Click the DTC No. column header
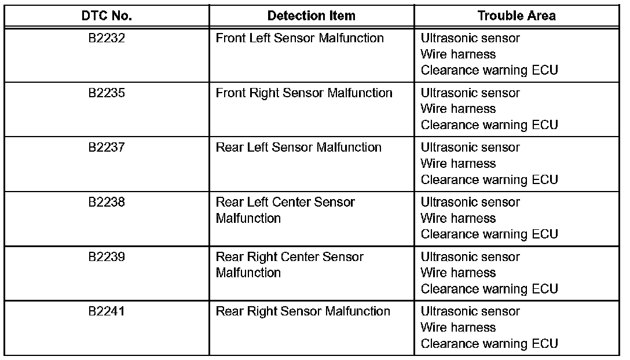coord(107,16)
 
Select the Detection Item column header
coord(312,16)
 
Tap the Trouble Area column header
coord(517,16)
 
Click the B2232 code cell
coord(107,38)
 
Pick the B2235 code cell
coord(107,93)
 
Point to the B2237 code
coord(107,147)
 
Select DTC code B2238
coord(107,202)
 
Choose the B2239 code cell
coord(107,256)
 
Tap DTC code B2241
coord(107,311)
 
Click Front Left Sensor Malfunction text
coord(299,38)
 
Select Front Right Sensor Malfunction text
coord(304,93)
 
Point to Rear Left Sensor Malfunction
coord(298,147)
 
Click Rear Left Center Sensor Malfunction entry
coord(285,210)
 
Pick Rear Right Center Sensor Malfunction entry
coord(290,264)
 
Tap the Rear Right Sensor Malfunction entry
coord(303,311)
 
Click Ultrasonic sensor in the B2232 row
coord(470,38)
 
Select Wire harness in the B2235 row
coord(458,109)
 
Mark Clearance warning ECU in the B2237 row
coord(489,179)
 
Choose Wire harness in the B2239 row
coord(458,273)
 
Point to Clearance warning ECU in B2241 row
coord(489,343)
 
